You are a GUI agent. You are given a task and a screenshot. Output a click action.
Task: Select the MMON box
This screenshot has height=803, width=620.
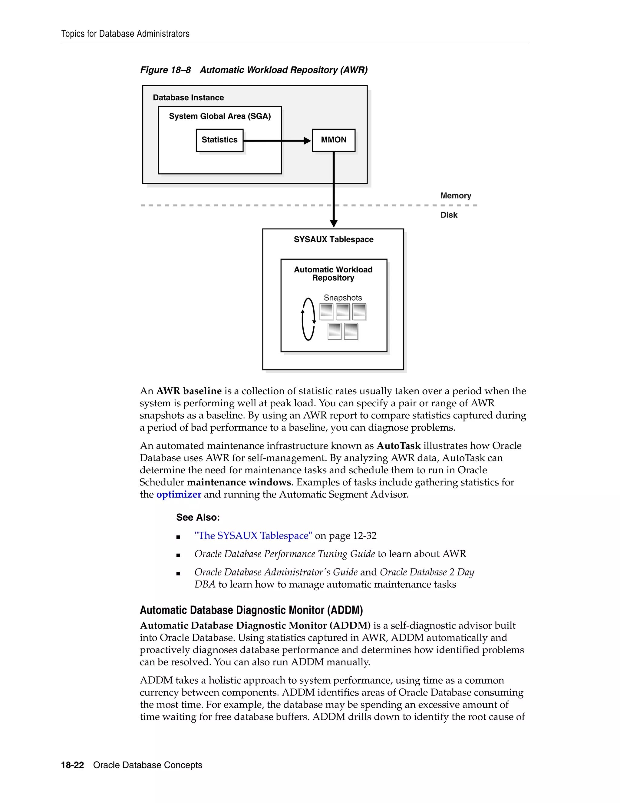(x=334, y=140)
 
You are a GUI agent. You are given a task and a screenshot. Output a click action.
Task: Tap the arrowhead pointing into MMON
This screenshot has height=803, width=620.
(x=307, y=141)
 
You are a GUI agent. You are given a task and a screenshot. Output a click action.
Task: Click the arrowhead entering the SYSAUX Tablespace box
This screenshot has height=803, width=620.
(x=334, y=223)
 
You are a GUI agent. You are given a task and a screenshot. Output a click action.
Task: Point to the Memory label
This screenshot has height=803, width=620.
(x=455, y=196)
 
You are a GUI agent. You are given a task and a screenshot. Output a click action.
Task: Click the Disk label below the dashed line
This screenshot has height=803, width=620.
(x=449, y=215)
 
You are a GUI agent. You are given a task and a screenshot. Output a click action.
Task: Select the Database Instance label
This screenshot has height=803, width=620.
(x=188, y=98)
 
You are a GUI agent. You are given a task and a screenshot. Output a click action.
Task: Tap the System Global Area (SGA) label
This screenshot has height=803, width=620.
(x=220, y=116)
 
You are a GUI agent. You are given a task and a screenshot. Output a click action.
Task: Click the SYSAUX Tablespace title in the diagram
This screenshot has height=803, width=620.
(x=334, y=239)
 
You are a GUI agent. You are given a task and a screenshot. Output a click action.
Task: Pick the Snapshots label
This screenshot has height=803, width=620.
(x=343, y=298)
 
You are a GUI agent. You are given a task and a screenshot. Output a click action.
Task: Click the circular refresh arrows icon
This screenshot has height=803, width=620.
(x=308, y=319)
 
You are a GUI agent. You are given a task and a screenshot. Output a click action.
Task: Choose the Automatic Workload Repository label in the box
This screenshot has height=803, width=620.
(x=333, y=274)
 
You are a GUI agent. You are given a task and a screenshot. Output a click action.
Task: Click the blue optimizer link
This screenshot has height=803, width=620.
(x=179, y=495)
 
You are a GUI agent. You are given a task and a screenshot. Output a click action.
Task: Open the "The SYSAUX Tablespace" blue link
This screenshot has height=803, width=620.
(x=253, y=536)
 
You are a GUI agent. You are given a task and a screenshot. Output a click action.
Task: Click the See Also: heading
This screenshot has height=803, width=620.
(x=198, y=517)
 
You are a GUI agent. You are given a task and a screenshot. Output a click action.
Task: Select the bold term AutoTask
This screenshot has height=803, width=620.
(x=398, y=446)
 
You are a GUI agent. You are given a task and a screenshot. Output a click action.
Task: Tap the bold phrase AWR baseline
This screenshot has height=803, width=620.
(x=189, y=391)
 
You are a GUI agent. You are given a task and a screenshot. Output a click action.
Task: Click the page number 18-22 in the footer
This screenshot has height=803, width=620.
(x=72, y=765)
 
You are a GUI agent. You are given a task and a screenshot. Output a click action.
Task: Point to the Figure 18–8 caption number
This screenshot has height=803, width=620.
(x=165, y=70)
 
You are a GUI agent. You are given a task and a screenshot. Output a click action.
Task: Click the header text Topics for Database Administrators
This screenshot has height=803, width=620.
(x=125, y=34)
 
